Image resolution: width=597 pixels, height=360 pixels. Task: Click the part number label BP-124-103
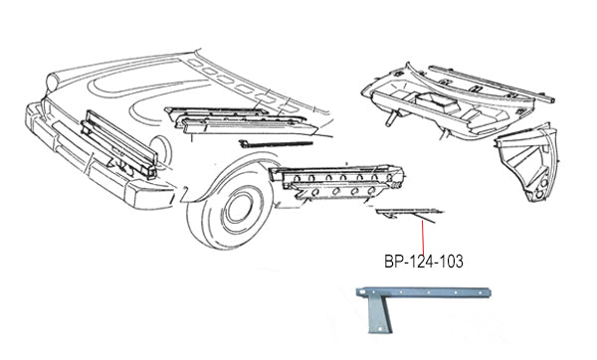424,262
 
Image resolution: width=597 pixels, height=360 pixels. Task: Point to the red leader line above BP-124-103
423,238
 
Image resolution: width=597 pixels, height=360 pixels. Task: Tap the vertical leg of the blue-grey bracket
379,315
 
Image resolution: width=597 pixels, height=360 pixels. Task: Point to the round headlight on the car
53,82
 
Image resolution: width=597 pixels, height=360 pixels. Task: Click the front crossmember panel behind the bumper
118,145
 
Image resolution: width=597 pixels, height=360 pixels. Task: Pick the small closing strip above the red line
409,213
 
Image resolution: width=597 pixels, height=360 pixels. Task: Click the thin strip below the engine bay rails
276,144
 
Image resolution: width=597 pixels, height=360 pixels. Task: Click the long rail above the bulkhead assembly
492,84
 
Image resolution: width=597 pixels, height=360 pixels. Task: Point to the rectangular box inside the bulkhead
438,102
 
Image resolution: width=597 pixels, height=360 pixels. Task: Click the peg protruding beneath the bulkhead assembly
391,118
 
